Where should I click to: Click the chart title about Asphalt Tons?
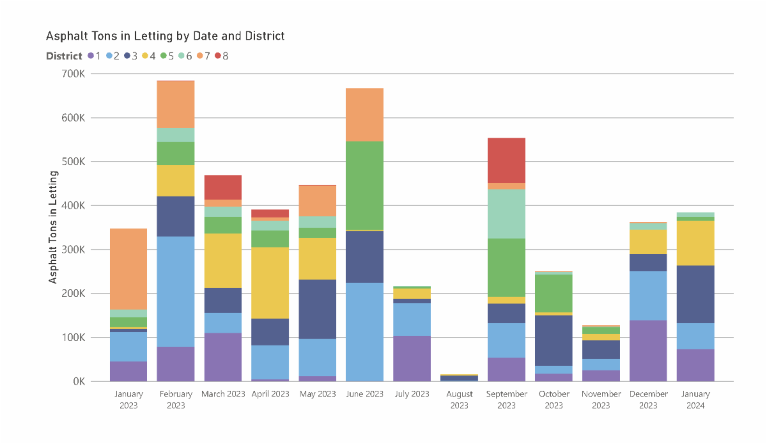pyautogui.click(x=165, y=36)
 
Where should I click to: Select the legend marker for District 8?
pyautogui.click(x=218, y=56)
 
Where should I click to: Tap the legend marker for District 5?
pyautogui.click(x=164, y=56)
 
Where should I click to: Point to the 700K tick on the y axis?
pyautogui.click(x=74, y=74)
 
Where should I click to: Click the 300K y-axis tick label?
pyautogui.click(x=74, y=250)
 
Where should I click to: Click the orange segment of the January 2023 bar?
pyautogui.click(x=128, y=269)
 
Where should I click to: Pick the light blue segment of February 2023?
pyautogui.click(x=176, y=292)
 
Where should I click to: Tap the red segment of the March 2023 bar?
pyautogui.click(x=222, y=187)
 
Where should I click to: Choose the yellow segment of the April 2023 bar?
pyautogui.click(x=270, y=283)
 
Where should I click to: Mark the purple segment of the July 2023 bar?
pyautogui.click(x=412, y=358)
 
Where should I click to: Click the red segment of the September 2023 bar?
pyautogui.click(x=506, y=161)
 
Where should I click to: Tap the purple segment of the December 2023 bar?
pyautogui.click(x=647, y=351)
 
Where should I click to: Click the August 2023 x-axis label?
pyautogui.click(x=459, y=400)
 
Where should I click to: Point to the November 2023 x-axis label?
pyautogui.click(x=601, y=400)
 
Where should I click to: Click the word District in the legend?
pyautogui.click(x=64, y=56)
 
